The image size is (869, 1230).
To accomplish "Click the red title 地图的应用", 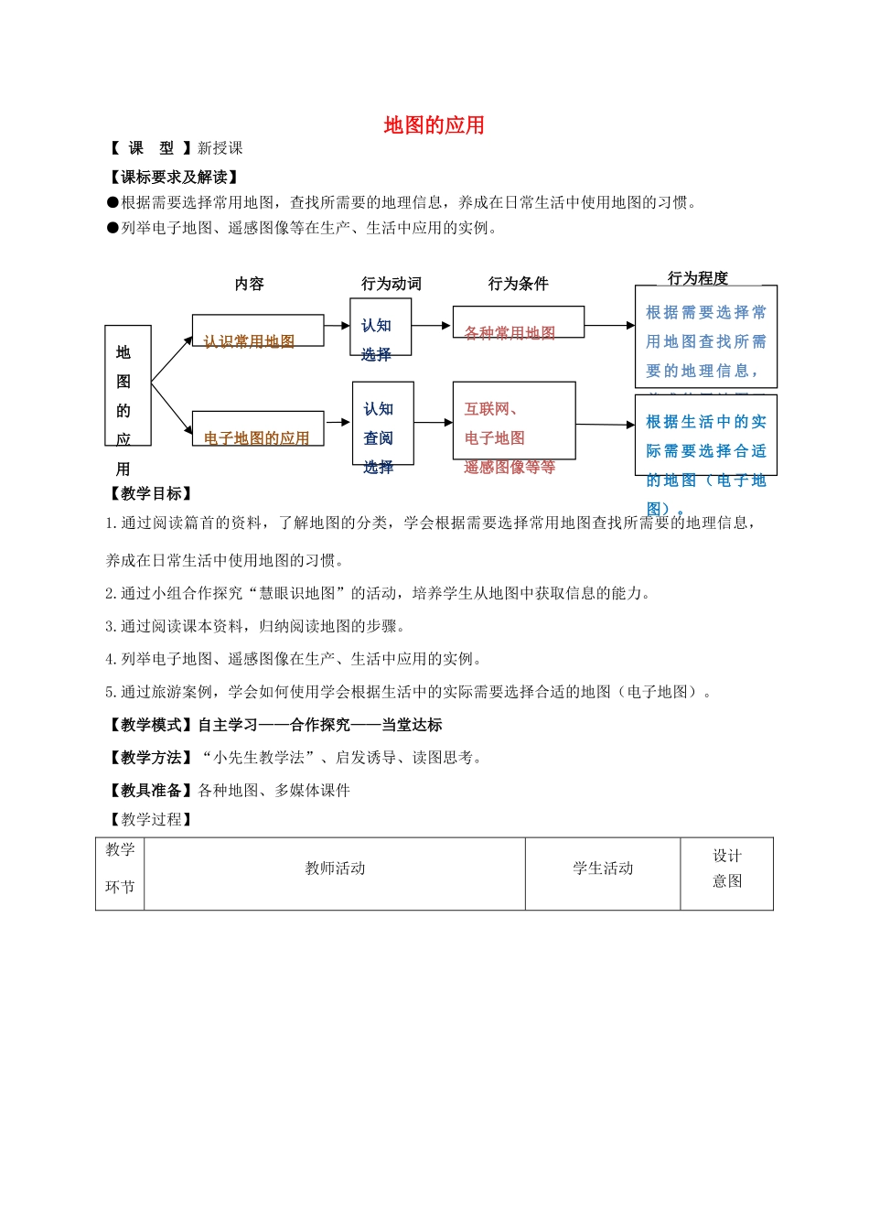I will coord(434,125).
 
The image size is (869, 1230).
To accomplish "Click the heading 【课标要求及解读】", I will coord(174,177).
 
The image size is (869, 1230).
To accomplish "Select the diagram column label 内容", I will coord(249,284).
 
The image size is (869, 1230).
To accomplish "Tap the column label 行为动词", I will coord(391,284).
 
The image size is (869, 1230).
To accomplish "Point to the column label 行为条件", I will coord(518,284).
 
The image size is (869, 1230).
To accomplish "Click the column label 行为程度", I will coord(698,278).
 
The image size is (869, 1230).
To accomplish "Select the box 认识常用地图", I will coord(257,330).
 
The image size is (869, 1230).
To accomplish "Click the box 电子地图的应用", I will coord(257,428).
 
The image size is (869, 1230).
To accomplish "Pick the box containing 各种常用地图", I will coord(518,321).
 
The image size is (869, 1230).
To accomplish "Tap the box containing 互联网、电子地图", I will coord(513,420).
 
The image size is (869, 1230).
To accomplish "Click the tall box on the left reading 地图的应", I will coord(127,385).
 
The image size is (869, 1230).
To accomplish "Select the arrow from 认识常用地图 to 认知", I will coord(337,326).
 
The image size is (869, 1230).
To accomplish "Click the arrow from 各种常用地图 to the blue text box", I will coord(609,325).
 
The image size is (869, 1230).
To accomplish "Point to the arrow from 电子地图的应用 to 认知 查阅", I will coord(338,422).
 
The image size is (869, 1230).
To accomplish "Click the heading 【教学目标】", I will coord(151,493).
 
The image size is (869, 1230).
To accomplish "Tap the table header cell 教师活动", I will coord(335,869).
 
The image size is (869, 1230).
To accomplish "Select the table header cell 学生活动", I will coord(603,869).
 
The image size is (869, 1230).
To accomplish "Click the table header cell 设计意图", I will coord(727,869).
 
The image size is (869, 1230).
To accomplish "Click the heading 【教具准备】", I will coord(151,790).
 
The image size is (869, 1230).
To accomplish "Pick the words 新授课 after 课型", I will coord(220,148).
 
